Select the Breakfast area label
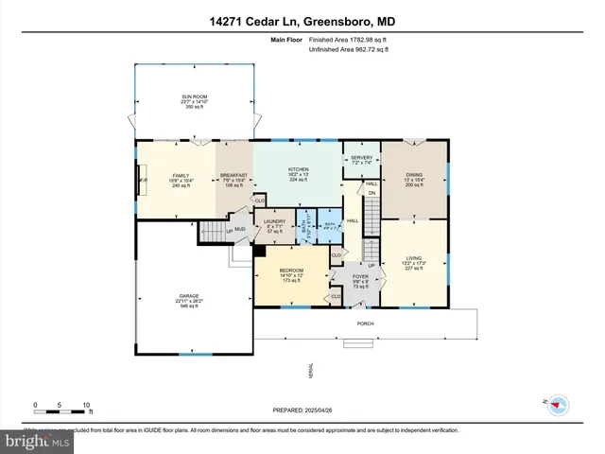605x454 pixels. pos(233,175)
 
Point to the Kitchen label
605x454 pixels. pos(299,169)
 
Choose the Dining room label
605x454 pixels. pos(415,175)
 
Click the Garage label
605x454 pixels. pos(190,297)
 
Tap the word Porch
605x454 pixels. pos(365,323)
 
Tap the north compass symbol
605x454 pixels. pos(557,403)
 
